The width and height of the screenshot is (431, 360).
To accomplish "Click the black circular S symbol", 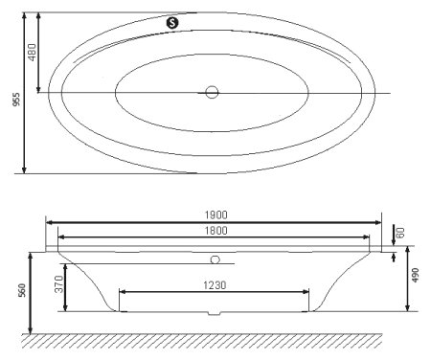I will [x=172, y=21].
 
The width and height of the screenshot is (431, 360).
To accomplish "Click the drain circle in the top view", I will [x=212, y=93].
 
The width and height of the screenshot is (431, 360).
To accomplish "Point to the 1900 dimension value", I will [x=215, y=214].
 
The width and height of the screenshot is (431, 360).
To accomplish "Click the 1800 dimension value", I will [x=215, y=230].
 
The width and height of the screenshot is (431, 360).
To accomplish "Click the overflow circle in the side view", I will [x=215, y=259].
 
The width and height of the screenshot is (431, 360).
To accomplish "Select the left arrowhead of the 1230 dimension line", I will [x=122, y=292].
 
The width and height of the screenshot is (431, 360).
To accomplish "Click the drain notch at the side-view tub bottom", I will [x=215, y=311].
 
